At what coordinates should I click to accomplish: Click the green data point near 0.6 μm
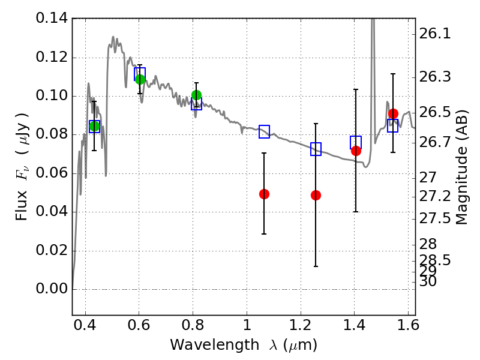pyautogui.click(x=140, y=79)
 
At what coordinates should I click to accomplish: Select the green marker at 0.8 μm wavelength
pyautogui.click(x=196, y=95)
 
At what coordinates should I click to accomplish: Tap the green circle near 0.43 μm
pyautogui.click(x=94, y=126)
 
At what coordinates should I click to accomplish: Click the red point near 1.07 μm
pyautogui.click(x=264, y=194)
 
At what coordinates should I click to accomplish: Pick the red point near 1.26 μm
pyautogui.click(x=316, y=195)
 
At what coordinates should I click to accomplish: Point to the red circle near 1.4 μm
pyautogui.click(x=356, y=151)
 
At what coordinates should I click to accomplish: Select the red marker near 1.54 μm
pyautogui.click(x=393, y=113)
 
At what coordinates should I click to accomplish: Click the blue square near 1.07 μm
pyautogui.click(x=264, y=131)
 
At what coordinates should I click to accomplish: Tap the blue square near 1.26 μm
pyautogui.click(x=316, y=149)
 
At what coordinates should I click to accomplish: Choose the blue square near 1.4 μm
pyautogui.click(x=356, y=142)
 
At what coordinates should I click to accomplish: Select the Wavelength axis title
pyautogui.click(x=244, y=345)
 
